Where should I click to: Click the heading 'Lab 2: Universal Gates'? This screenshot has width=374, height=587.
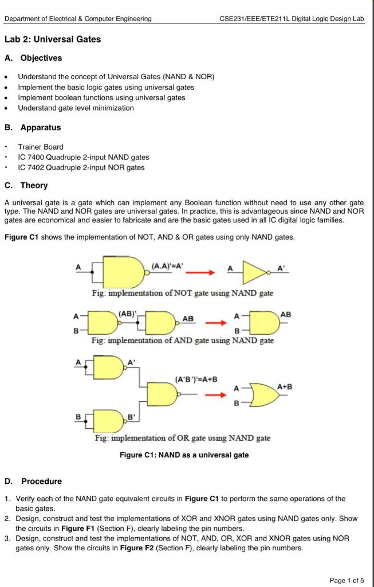[x=52, y=40]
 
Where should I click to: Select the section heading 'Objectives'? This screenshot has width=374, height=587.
[x=41, y=58]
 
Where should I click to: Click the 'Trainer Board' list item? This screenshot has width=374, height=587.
[x=41, y=147]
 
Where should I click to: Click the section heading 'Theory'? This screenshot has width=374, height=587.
[x=34, y=185]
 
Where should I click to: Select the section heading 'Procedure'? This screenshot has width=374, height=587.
[x=41, y=481]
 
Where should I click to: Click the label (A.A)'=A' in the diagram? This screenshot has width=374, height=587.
[x=167, y=265]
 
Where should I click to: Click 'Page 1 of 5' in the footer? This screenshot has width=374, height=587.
[x=347, y=580]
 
